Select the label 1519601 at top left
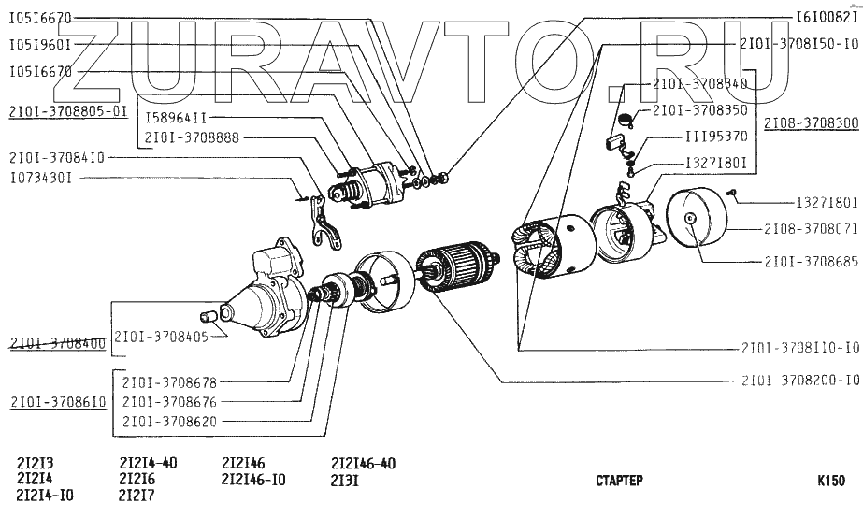(40, 44)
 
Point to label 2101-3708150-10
(798, 44)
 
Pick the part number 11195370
(716, 137)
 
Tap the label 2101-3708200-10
(799, 381)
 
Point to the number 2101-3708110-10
(799, 348)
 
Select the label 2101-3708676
(169, 402)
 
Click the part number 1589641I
(176, 119)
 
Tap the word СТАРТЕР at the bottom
(619, 482)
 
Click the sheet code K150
(830, 482)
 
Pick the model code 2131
(345, 481)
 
